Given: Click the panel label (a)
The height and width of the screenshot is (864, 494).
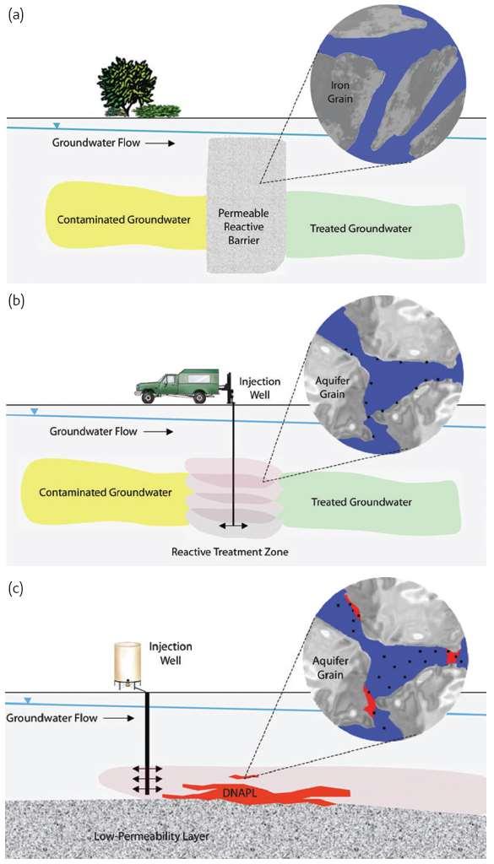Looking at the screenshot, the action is click(x=15, y=15).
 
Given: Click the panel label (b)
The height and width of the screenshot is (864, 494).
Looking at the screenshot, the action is click(x=15, y=303).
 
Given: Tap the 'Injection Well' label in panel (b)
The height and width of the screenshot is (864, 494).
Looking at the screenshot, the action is click(x=257, y=387).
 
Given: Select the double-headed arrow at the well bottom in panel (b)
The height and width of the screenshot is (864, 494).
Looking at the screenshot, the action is click(x=233, y=526).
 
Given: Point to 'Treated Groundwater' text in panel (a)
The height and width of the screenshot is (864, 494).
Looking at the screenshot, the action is click(x=361, y=228).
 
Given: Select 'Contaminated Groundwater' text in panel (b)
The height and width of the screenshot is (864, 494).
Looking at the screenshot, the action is click(x=106, y=492).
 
